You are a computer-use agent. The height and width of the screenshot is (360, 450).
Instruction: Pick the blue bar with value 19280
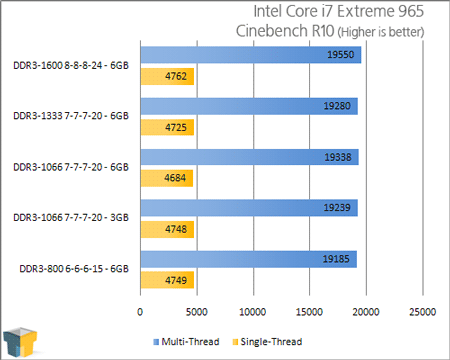[x=249, y=107]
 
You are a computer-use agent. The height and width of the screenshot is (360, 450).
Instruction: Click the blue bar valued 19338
[x=249, y=158]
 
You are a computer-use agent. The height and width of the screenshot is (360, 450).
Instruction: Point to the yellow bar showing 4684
[x=166, y=178]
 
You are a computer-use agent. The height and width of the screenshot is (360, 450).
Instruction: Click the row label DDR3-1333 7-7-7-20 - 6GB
[x=72, y=116]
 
